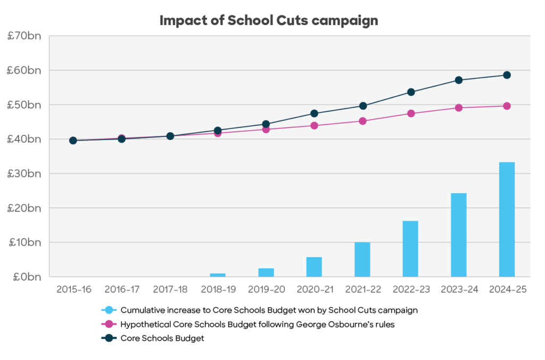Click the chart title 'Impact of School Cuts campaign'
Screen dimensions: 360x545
pos(269,21)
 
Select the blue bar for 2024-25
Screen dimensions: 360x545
pos(507,219)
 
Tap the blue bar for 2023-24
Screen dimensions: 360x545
pos(458,235)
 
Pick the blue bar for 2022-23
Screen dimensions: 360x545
pos(410,249)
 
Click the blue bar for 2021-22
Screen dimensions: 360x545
pos(362,259)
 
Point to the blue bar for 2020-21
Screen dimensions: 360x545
pos(314,267)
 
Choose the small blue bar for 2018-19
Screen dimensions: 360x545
pos(218,275)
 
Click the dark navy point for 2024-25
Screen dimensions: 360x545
pos(507,75)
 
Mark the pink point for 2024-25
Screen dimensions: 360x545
pos(507,106)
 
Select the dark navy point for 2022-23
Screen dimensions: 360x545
pos(411,92)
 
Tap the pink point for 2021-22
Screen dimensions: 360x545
pos(362,121)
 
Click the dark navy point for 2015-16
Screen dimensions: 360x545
pos(73,141)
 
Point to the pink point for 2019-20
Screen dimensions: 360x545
pos(266,129)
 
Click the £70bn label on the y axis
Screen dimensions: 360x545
pos(24,37)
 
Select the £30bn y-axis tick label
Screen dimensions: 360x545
pos(24,174)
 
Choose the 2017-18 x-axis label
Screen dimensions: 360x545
pos(170,290)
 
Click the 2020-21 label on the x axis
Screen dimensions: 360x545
pos(314,290)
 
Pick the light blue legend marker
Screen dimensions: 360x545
pos(109,310)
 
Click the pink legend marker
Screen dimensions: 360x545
pos(109,324)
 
